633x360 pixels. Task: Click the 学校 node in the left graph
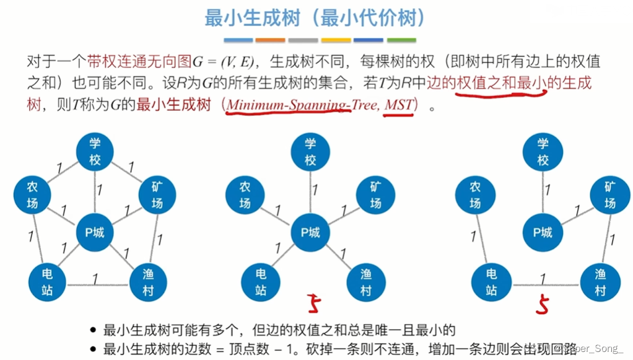pos(94,152)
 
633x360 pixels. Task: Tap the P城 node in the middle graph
pos(310,232)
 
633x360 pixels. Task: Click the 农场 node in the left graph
pos(32,195)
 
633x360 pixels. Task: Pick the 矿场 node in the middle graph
pos(375,195)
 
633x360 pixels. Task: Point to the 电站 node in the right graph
pos(491,281)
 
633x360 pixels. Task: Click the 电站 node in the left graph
pos(47,282)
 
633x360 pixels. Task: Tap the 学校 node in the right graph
pos(543,152)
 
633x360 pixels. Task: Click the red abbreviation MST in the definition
pos(398,105)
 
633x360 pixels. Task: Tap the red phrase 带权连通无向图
pos(139,61)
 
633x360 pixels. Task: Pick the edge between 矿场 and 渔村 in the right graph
pos(606,239)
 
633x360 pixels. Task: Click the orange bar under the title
pos(270,40)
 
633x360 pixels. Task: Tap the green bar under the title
pos(400,40)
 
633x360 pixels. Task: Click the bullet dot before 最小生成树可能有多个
pos(93,330)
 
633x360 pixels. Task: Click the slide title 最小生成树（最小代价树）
pos(316,18)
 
